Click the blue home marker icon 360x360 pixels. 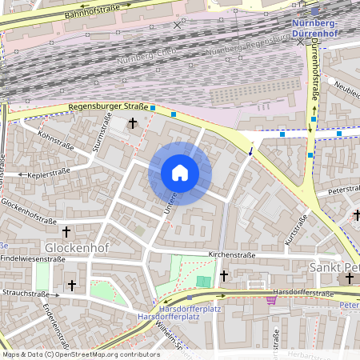tap(180, 173)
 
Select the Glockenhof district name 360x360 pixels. tap(75, 248)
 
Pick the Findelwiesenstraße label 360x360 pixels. tap(32, 259)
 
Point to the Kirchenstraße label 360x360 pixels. tap(231, 254)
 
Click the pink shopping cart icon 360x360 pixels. tap(271, 300)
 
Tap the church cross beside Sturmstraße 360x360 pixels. tap(132, 123)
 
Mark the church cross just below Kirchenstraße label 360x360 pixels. tap(224, 275)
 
